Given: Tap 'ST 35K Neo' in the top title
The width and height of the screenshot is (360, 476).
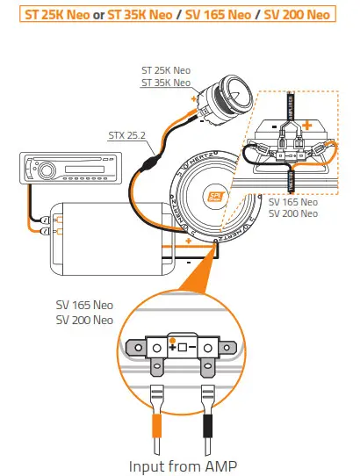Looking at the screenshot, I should click(x=143, y=16).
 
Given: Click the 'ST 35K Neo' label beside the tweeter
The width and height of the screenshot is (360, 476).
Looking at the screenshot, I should click(x=165, y=83).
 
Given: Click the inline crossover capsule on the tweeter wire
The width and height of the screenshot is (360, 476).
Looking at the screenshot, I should click(x=151, y=163).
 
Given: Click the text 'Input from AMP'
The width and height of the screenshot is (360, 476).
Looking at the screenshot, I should click(x=184, y=464).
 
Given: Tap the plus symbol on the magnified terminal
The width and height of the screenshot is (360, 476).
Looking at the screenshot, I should click(x=173, y=348).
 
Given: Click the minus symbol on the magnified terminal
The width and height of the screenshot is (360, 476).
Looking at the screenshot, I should click(x=193, y=348).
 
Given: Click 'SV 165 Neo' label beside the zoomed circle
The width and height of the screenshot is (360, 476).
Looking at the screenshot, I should click(x=84, y=307).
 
